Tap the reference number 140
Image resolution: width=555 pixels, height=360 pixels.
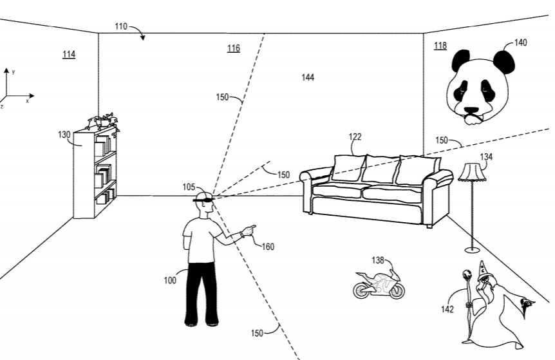[520, 43]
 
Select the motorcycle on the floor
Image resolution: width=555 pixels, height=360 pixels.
[379, 283]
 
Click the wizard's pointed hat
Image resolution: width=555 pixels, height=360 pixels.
[482, 270]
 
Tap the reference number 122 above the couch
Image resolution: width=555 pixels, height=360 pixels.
[355, 137]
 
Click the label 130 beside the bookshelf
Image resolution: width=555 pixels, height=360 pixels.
[64, 135]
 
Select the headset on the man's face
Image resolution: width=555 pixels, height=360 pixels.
[203, 202]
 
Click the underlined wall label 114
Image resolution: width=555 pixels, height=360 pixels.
[68, 54]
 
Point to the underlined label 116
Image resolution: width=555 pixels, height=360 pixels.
[233, 48]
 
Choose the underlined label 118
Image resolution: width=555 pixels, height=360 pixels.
[440, 45]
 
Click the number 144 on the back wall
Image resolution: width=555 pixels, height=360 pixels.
[308, 77]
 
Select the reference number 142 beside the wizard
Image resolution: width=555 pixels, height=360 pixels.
[447, 309]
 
